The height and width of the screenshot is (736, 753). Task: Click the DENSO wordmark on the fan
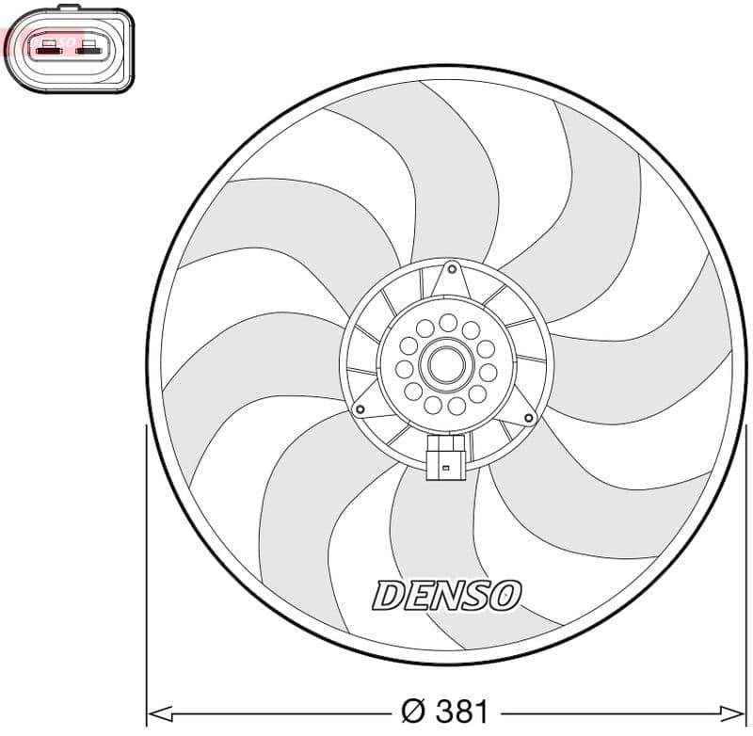[446, 594]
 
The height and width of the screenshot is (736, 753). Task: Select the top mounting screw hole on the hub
[452, 269]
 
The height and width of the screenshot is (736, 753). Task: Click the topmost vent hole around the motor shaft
[447, 322]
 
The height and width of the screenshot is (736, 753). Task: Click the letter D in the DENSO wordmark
[390, 595]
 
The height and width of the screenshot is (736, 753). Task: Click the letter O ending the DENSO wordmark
[503, 595]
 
